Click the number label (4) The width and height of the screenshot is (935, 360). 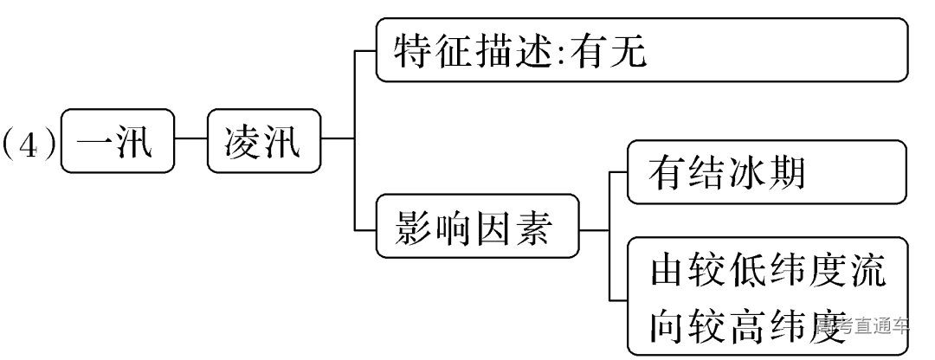pyautogui.click(x=29, y=141)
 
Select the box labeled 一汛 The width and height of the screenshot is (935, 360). pyautogui.click(x=118, y=141)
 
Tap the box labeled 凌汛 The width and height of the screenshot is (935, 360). pyautogui.click(x=263, y=141)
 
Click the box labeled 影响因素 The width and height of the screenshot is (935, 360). pyautogui.click(x=477, y=227)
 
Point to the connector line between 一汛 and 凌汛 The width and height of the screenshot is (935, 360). pyautogui.click(x=190, y=138)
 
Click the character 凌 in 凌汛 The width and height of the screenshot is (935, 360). pyautogui.click(x=242, y=141)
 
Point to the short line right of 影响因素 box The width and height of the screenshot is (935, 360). pyautogui.click(x=595, y=230)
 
